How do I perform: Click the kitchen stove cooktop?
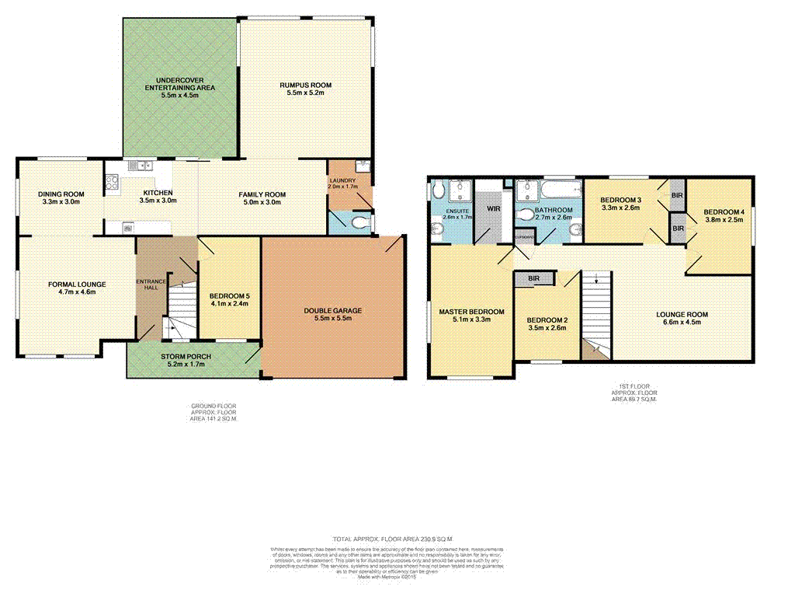click(110, 185)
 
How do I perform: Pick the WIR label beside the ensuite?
click(493, 209)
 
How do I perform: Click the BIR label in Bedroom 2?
click(533, 278)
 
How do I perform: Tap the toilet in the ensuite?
click(437, 191)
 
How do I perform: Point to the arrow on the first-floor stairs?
click(595, 278)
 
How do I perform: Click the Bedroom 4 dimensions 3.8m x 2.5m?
click(724, 220)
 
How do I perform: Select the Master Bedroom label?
click(471, 312)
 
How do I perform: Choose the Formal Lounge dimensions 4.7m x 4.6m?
click(77, 293)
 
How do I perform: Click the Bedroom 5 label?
click(229, 295)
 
